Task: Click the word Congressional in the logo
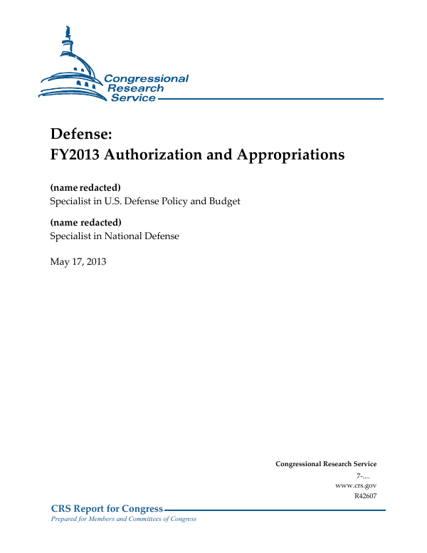point(147,79)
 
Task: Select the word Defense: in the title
point(81,133)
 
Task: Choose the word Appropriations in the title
point(292,154)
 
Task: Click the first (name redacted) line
point(85,187)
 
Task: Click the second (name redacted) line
point(85,222)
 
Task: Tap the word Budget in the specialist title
point(224,201)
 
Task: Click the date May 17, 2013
point(78,262)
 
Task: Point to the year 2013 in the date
point(95,262)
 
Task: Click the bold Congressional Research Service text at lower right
point(326,464)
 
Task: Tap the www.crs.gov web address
point(355,485)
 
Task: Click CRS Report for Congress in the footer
point(107,509)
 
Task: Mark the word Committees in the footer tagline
point(147,519)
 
